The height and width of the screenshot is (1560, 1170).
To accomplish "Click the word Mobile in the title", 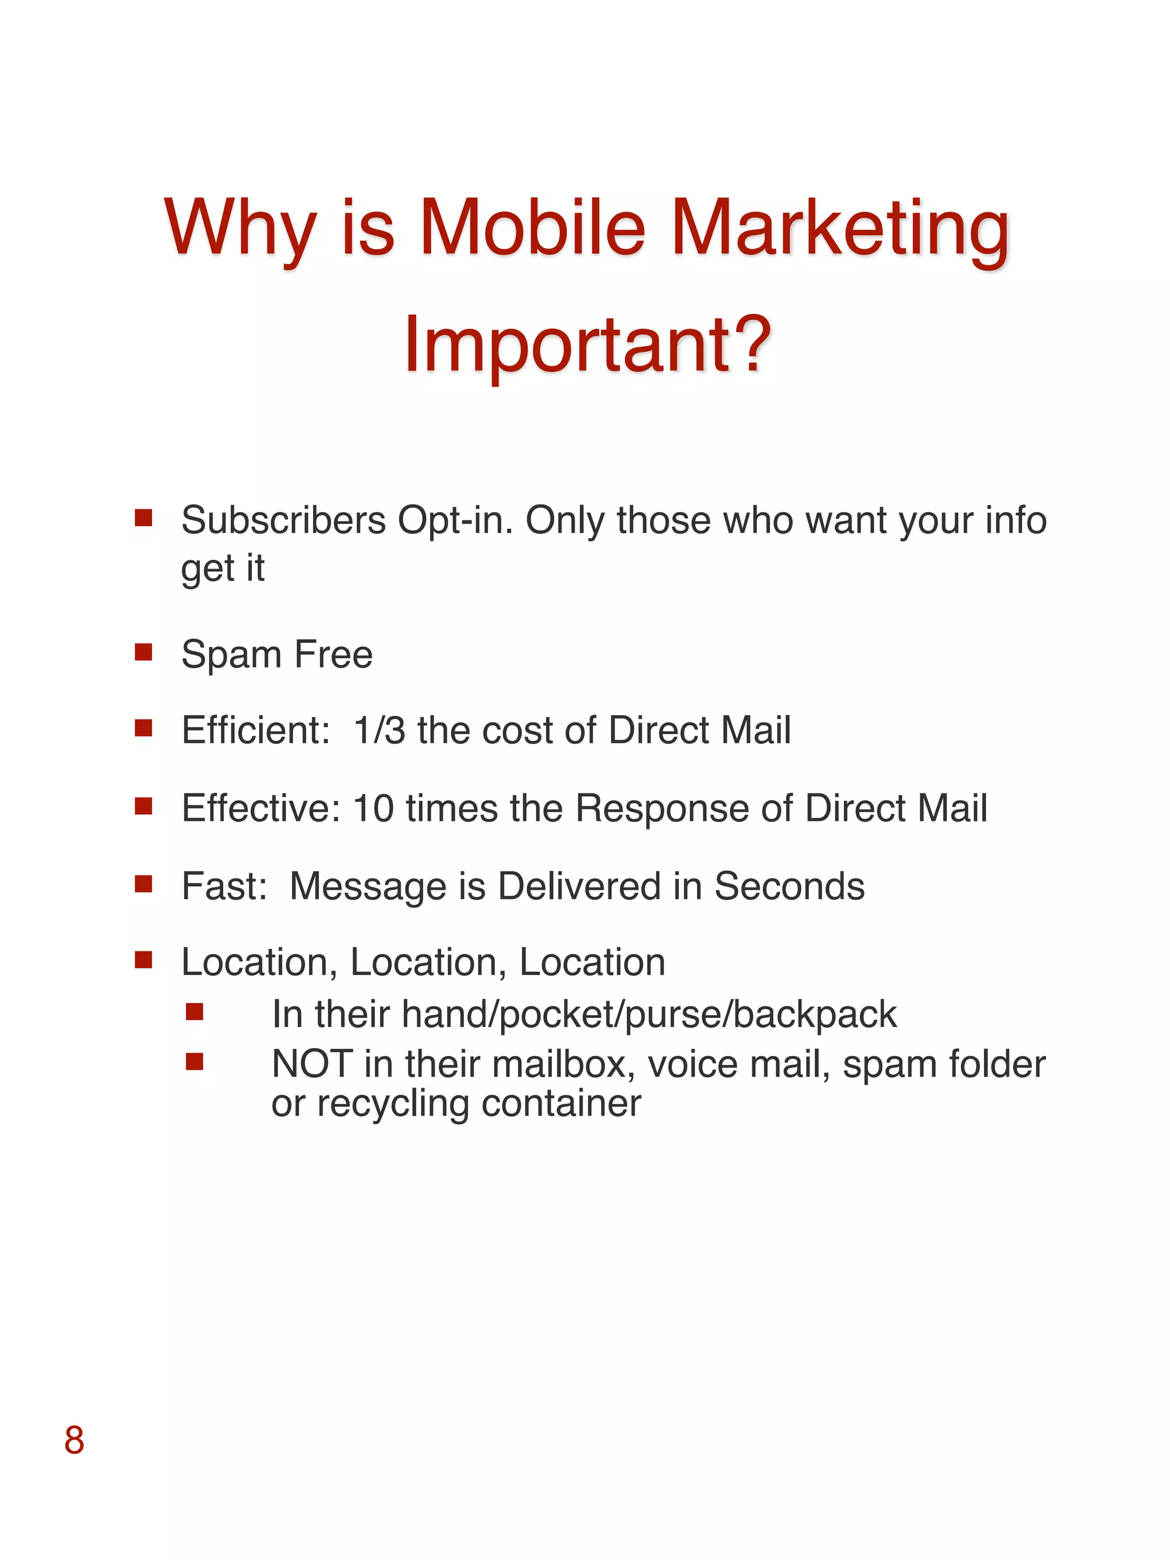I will point(532,228).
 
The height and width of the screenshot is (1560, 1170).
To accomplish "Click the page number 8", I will point(74,1440).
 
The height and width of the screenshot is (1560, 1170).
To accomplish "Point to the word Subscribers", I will point(283,520).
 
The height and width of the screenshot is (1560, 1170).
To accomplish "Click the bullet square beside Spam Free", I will point(144,652).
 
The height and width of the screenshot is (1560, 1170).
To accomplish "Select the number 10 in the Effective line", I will point(373,808).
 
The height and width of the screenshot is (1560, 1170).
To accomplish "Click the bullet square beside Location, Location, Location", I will point(144,960).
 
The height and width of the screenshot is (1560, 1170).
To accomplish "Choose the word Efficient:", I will point(256,730).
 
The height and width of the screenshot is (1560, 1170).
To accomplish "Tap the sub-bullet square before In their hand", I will point(195,1013).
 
